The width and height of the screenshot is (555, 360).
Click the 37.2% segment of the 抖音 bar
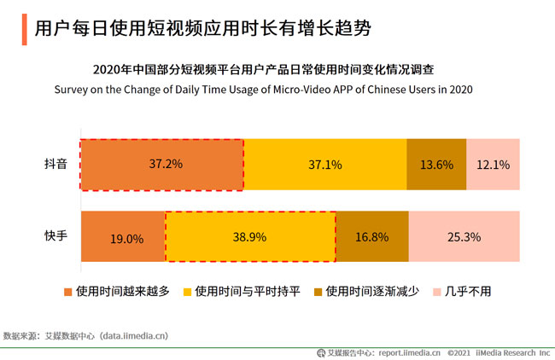click(x=162, y=164)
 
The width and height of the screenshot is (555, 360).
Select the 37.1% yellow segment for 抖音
click(x=325, y=164)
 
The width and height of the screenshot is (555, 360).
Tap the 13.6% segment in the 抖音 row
click(x=436, y=164)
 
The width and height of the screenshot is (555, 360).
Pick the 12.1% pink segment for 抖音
click(x=493, y=164)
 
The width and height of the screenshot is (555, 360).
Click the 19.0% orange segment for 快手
click(x=123, y=236)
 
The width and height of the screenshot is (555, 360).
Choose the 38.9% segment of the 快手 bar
click(x=250, y=236)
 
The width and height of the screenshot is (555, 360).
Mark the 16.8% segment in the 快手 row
click(x=372, y=236)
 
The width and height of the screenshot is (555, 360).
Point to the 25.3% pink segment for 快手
click(x=464, y=236)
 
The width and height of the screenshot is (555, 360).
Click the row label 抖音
click(x=56, y=164)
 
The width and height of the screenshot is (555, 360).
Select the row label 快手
click(x=56, y=236)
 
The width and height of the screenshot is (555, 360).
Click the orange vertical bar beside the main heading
click(x=20, y=28)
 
